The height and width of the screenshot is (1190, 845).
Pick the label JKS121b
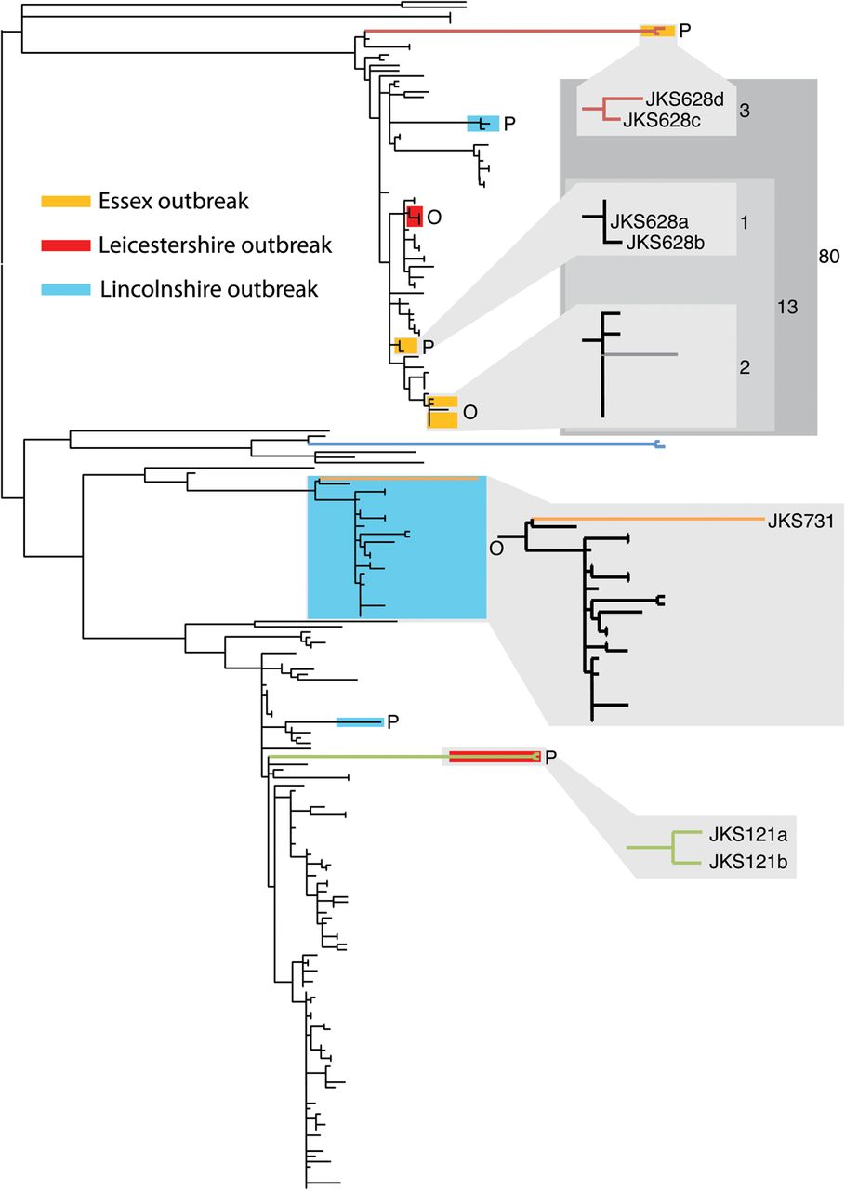click(747, 861)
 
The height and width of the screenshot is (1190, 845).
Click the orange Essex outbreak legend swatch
click(65, 201)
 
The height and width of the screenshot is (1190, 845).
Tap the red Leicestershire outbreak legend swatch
click(65, 245)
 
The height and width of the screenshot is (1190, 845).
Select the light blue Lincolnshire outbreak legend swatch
click(65, 289)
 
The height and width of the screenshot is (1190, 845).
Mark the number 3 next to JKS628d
click(745, 111)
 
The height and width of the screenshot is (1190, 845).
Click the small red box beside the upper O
click(416, 216)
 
